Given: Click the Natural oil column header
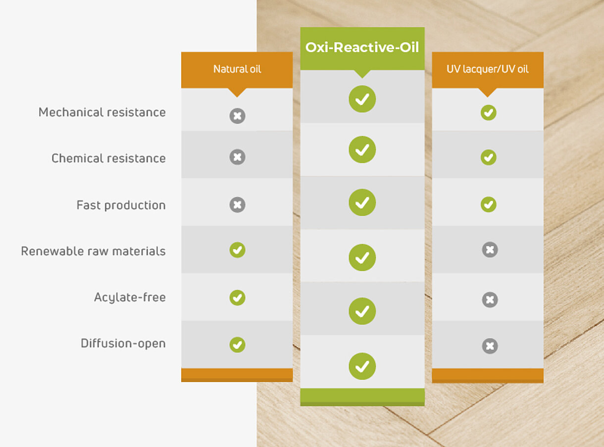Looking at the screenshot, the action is click(237, 69).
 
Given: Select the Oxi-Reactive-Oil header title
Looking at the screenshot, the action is click(362, 48).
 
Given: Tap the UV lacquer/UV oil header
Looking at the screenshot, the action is click(488, 69).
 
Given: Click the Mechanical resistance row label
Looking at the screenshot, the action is click(102, 112).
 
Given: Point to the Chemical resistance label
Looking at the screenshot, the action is click(108, 158).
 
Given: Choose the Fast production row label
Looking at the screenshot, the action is click(121, 205).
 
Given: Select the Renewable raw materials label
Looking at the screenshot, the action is click(94, 251).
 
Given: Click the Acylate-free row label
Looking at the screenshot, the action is click(130, 297).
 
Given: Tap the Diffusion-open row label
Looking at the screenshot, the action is click(123, 343).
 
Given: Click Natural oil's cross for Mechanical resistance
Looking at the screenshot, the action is click(238, 116).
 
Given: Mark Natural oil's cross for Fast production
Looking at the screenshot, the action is click(238, 204).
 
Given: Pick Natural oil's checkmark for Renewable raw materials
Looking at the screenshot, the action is click(238, 250).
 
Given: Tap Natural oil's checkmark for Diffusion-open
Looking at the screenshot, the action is click(238, 345).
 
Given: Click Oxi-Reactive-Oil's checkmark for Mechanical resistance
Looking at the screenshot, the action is click(362, 99).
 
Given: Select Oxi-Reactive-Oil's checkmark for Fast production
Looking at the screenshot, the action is click(362, 202).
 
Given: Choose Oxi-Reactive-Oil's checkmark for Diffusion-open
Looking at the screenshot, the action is click(362, 366).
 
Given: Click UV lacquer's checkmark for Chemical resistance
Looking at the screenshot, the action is click(489, 157).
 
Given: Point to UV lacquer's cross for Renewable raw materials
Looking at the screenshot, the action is click(490, 249).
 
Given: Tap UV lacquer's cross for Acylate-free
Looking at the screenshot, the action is click(490, 299).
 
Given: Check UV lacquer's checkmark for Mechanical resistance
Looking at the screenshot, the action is click(489, 112).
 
